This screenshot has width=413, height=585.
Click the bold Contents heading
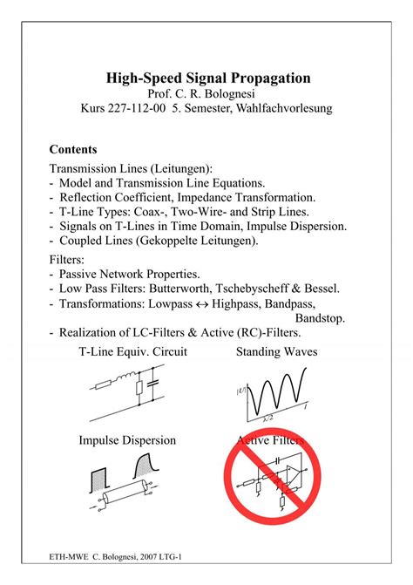(x=73, y=149)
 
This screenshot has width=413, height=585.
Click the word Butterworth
(x=181, y=289)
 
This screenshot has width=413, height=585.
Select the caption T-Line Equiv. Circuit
(x=132, y=352)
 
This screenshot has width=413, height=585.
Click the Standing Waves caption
(x=276, y=352)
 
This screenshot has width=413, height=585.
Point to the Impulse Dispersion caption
(x=127, y=440)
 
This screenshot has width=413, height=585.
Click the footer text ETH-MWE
(x=68, y=555)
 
